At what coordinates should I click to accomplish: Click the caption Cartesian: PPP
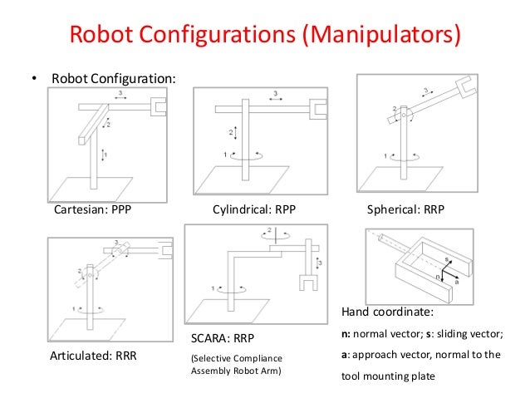pos(92,210)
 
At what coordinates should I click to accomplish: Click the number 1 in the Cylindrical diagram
pos(223,154)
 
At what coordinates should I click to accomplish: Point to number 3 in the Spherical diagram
pos(426,90)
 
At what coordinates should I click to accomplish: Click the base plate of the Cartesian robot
pos(95,184)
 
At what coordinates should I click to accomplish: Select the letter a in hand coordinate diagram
pos(456,282)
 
